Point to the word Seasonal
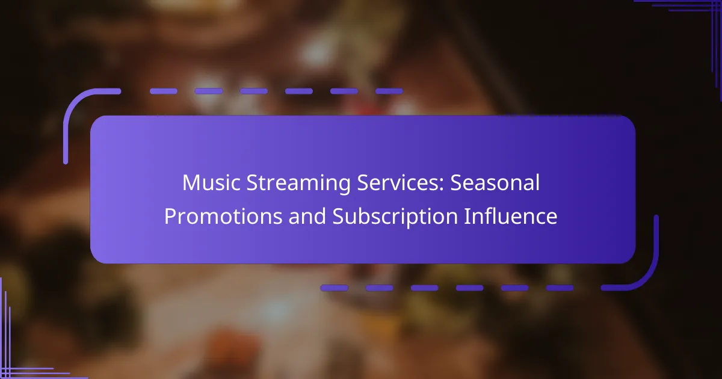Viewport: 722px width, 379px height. [495, 183]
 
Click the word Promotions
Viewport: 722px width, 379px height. [223, 216]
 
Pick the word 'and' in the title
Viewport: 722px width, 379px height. [307, 216]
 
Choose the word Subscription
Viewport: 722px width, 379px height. [395, 218]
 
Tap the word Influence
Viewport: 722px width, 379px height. [511, 216]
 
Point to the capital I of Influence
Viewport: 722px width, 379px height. [466, 216]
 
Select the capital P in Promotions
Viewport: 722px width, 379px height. [170, 216]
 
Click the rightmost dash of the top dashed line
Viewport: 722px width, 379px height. [389, 91]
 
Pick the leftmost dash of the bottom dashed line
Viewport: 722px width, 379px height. [335, 288]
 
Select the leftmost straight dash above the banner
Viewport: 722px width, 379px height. [164, 91]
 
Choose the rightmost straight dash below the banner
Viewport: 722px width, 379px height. [560, 288]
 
